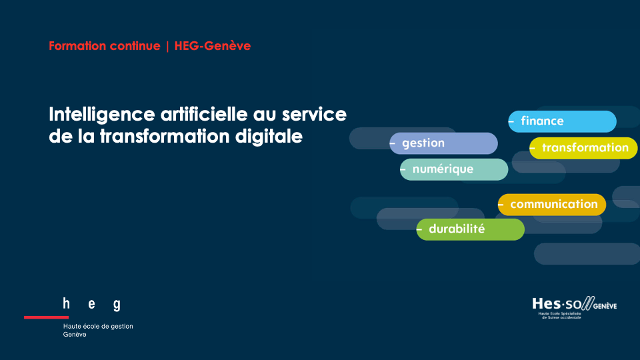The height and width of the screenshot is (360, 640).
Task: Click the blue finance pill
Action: [562, 121]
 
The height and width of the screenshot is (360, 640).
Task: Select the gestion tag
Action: [444, 143]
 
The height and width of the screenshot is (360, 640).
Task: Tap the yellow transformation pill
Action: [583, 148]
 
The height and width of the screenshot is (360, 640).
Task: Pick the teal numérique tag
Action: [454, 169]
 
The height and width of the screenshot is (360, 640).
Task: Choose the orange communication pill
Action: [552, 205]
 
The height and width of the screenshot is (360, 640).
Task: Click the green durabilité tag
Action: [470, 229]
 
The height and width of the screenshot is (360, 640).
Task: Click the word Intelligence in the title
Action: [102, 115]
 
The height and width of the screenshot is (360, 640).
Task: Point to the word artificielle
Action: [204, 114]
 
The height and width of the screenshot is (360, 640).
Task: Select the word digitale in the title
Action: [269, 136]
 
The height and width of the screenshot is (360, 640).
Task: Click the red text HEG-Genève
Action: [213, 46]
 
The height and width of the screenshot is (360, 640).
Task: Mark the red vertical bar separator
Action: [167, 46]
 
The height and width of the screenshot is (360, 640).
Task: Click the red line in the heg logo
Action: [46, 317]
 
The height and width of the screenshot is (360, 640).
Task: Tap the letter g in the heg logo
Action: [117, 305]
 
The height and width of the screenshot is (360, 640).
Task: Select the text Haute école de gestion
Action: [98, 326]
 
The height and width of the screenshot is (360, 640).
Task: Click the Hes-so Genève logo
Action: [574, 308]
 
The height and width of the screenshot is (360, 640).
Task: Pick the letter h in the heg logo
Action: [66, 303]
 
